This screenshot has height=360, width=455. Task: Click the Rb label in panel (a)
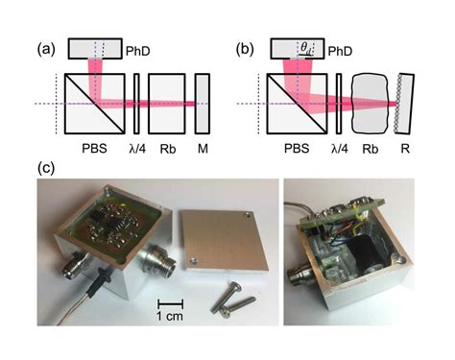pos(166,150)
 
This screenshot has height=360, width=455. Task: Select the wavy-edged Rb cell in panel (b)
pos(373,103)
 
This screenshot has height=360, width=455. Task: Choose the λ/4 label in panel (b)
pos(339,150)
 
